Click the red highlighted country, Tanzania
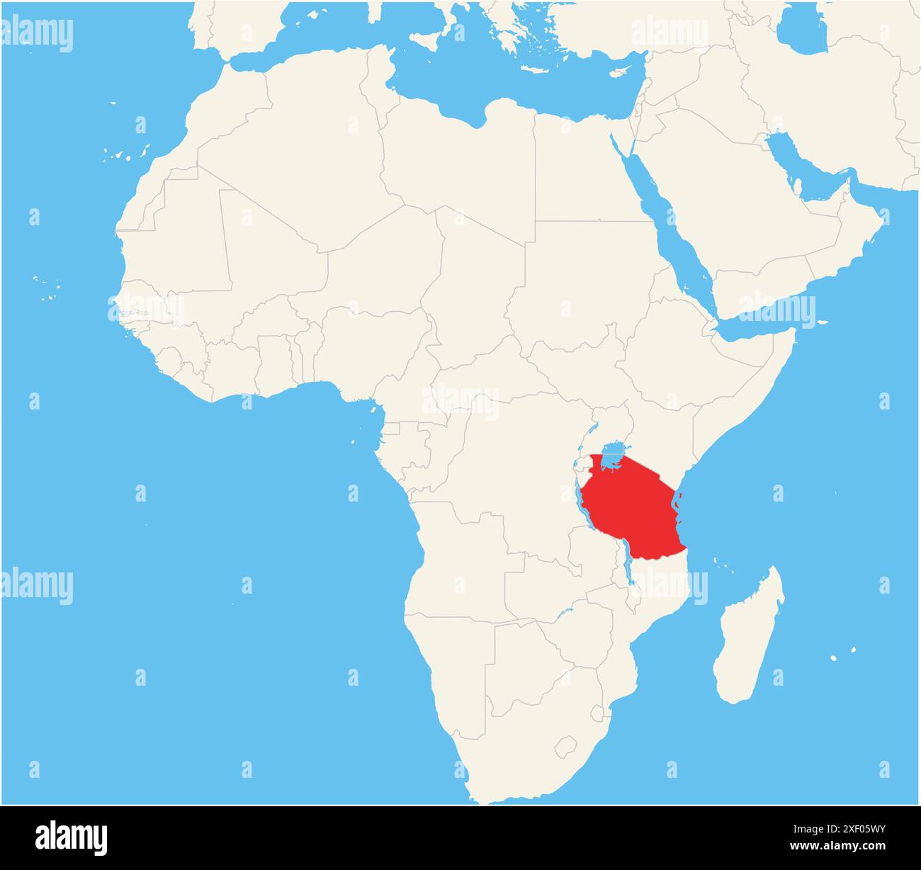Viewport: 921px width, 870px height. (x=631, y=510)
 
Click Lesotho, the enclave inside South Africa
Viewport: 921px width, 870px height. (x=565, y=746)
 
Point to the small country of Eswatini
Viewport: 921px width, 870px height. (x=597, y=711)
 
